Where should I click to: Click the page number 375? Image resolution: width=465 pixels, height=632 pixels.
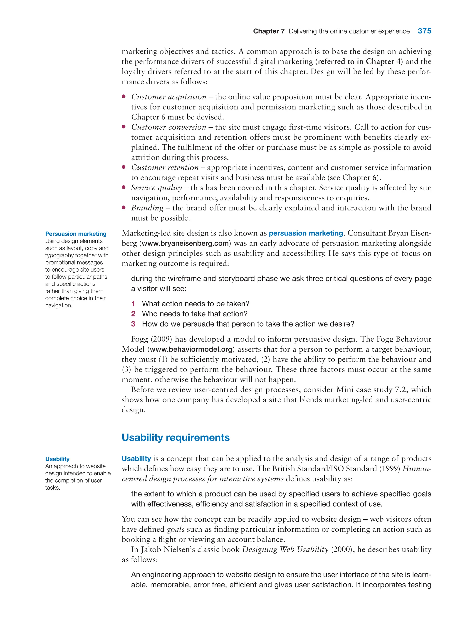[x=424, y=31]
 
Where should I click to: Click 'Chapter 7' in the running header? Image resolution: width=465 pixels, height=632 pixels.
[x=269, y=31]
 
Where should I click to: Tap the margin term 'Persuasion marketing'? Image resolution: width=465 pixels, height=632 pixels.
[x=76, y=234]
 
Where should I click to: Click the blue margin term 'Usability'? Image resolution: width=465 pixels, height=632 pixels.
[x=57, y=459]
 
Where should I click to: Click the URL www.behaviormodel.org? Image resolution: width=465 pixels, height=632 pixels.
[x=191, y=349]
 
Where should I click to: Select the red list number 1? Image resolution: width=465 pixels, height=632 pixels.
[x=133, y=304]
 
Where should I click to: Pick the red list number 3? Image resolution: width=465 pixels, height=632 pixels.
[x=133, y=324]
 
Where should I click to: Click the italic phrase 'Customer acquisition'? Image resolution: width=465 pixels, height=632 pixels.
[x=169, y=97]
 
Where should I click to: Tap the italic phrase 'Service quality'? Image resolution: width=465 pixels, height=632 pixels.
[x=156, y=188]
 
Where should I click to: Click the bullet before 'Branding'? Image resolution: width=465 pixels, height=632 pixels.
[x=124, y=208]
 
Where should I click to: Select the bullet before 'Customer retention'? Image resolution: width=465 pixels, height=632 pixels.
[x=124, y=167]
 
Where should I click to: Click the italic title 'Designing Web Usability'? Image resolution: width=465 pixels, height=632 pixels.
[x=285, y=549]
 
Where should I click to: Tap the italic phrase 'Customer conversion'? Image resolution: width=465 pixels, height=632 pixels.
[x=169, y=127]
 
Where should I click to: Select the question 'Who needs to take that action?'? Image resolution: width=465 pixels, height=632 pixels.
[x=195, y=314]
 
